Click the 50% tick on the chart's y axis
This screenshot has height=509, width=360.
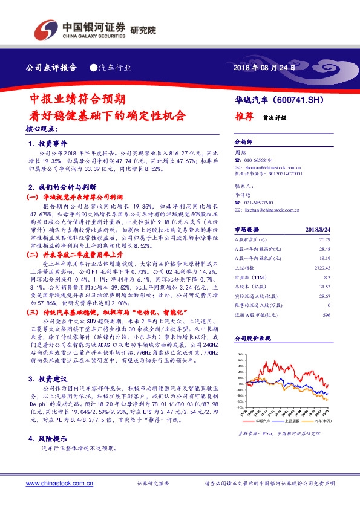tap(240, 355)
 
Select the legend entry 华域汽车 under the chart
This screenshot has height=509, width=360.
tap(264, 420)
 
